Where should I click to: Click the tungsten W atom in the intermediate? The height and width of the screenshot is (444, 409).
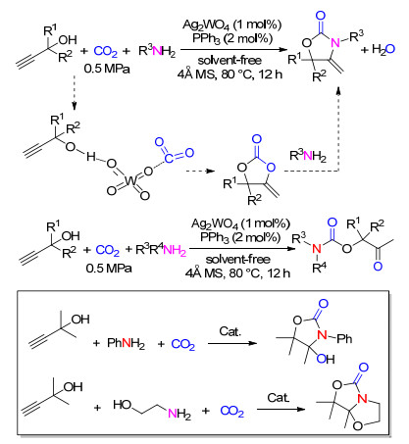[130, 180]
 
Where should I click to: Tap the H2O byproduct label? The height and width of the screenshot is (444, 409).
[383, 49]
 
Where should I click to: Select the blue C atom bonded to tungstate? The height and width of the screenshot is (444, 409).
[169, 159]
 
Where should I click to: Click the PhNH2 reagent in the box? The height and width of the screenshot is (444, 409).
[126, 343]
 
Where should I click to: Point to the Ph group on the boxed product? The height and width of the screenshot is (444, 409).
[344, 338]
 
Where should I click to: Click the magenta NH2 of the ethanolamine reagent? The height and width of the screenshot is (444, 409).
[179, 415]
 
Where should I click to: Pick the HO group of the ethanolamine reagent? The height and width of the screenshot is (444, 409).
[123, 405]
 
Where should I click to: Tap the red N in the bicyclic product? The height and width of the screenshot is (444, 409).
[362, 399]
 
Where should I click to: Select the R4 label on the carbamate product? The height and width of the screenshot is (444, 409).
[319, 268]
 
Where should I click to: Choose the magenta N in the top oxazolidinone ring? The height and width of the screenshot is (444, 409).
[334, 43]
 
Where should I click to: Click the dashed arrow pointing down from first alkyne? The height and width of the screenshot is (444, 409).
[75, 92]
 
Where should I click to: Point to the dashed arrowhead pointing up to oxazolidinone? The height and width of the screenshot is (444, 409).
[338, 90]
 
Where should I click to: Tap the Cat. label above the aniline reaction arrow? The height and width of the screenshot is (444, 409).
[230, 331]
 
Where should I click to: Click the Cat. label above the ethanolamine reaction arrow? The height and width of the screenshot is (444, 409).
[279, 397]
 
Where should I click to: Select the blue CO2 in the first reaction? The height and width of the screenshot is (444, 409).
[105, 51]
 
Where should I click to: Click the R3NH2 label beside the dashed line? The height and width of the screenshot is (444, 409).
[308, 156]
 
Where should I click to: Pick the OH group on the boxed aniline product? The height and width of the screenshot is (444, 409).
[326, 360]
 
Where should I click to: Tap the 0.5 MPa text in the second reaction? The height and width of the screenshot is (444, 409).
[109, 269]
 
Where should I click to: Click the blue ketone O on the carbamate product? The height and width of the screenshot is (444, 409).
[378, 267]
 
